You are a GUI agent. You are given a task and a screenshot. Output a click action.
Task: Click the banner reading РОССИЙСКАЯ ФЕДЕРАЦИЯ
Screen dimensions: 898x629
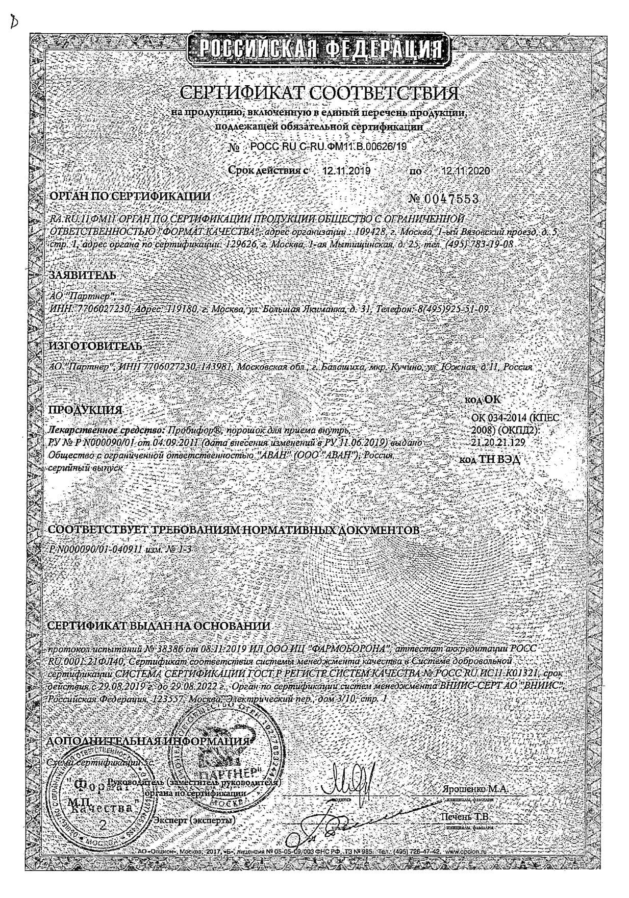tap(320, 50)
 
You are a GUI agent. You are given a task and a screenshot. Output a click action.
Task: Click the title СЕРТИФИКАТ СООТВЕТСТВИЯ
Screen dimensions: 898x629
tap(319, 93)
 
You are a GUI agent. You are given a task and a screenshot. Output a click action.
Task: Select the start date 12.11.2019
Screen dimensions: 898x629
tap(346, 170)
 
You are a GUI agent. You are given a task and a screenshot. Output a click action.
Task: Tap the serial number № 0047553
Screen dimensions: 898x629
tap(444, 198)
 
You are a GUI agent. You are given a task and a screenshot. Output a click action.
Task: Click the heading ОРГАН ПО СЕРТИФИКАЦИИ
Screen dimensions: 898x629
tap(129, 196)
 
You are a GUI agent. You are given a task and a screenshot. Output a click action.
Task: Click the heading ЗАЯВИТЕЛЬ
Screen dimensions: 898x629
tap(82, 275)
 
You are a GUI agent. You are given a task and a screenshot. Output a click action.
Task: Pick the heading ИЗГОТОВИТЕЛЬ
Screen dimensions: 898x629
tap(95, 345)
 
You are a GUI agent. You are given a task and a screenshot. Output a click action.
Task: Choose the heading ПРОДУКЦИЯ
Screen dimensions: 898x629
tap(85, 410)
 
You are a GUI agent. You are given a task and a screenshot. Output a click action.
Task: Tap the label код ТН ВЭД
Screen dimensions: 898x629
tap(489, 459)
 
